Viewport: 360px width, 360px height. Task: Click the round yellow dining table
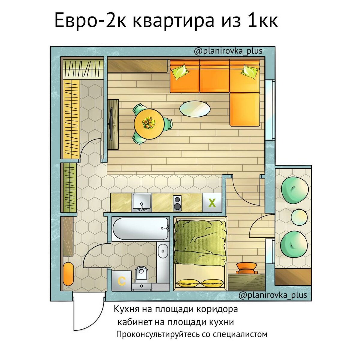click(148, 123)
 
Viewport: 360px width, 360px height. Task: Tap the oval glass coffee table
click(195, 109)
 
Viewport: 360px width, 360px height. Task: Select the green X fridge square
click(212, 203)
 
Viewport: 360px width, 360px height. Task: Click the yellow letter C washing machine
click(121, 281)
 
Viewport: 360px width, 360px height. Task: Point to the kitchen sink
click(142, 202)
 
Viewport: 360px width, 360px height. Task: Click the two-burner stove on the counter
click(177, 203)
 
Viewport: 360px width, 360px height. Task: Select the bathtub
click(140, 228)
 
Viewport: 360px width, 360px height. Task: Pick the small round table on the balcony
click(299, 217)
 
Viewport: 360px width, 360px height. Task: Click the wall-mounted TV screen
click(111, 124)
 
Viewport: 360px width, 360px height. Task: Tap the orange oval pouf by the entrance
click(68, 274)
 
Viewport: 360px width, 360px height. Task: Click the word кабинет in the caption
click(134, 322)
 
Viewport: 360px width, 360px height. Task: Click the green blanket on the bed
click(199, 240)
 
